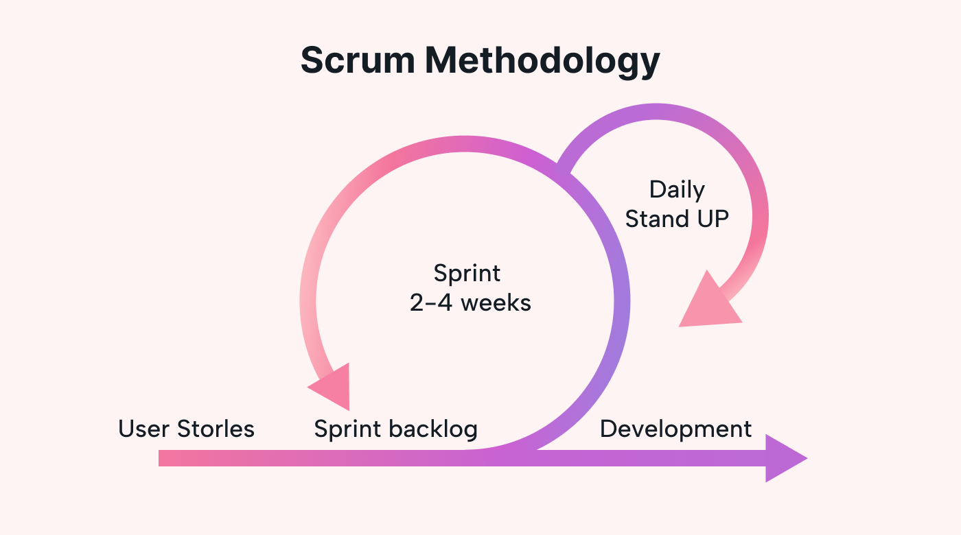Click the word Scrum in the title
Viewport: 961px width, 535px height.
[x=358, y=60]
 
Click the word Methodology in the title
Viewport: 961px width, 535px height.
[x=542, y=62]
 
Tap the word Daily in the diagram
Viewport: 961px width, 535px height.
[x=677, y=189]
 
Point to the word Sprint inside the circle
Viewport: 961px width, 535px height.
[x=467, y=274]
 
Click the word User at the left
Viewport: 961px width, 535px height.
[x=144, y=429]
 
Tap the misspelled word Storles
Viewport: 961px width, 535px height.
[x=216, y=429]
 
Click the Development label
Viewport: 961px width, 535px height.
[x=675, y=429]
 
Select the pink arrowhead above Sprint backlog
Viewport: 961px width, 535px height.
[x=334, y=388]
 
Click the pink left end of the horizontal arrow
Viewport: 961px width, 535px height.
[x=165, y=458]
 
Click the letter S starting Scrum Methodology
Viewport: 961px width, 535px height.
[x=313, y=60]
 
